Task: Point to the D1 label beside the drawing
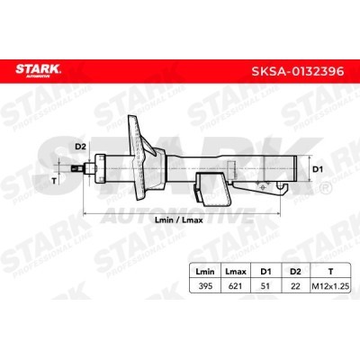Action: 316,167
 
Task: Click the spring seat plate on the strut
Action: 140,157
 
